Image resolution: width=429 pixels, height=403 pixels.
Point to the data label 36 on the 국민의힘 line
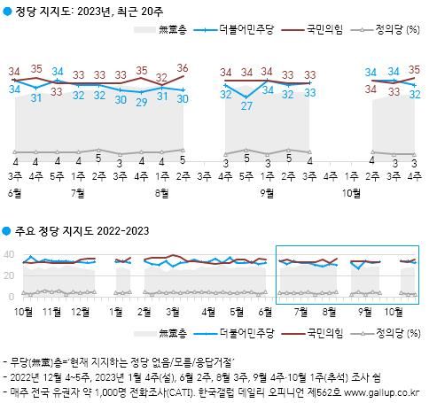tap(182, 68)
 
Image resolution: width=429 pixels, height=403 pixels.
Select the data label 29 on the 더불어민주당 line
tap(139, 103)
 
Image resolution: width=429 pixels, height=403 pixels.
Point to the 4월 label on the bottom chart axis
tap(207, 313)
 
